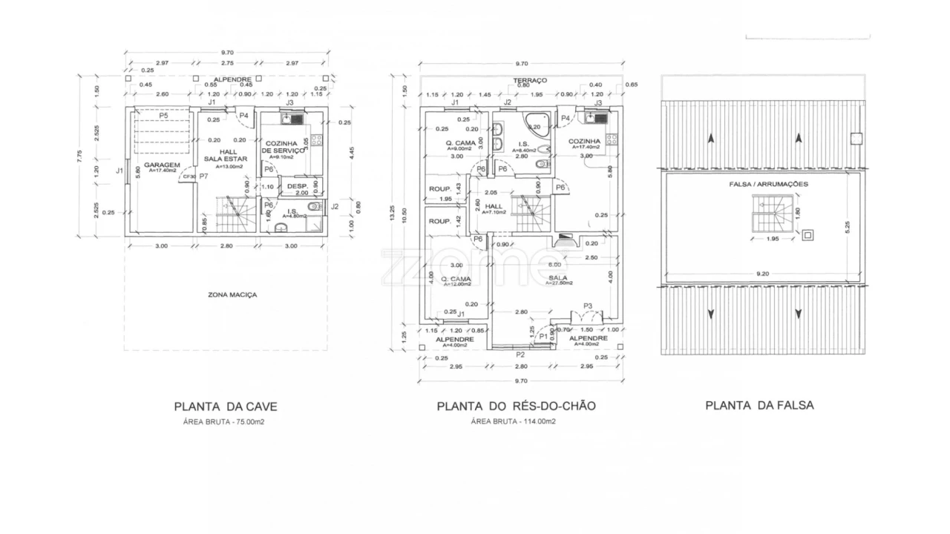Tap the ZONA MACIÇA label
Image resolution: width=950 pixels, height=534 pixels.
tap(232, 294)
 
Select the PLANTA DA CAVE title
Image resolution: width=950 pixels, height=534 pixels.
tap(226, 406)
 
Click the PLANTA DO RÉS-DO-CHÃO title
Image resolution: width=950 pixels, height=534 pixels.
tap(516, 406)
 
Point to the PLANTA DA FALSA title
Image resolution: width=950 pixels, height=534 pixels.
tap(759, 405)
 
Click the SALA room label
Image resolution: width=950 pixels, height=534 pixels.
tap(558, 278)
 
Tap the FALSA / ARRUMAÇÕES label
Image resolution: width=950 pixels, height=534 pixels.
tap(768, 183)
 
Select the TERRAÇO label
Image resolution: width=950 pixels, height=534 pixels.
tap(529, 80)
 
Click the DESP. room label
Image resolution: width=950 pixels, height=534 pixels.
tap(297, 186)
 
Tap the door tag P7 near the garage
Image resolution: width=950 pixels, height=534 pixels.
tap(203, 177)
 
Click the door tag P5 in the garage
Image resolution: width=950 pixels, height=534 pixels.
tap(163, 116)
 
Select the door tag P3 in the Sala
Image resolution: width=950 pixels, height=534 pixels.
tap(587, 306)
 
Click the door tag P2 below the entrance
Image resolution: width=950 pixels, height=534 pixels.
tap(521, 355)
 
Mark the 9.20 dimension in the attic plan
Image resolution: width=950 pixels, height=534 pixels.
tap(762, 274)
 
